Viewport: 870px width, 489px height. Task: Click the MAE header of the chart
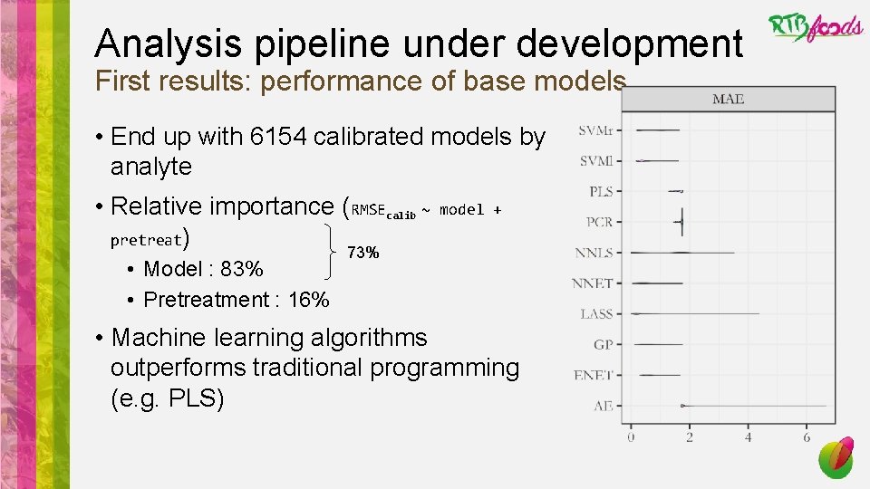pos(728,99)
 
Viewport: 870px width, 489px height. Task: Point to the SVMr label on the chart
pos(595,130)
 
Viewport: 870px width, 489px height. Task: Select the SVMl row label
pos(595,161)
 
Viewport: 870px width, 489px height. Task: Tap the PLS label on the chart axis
pos(600,191)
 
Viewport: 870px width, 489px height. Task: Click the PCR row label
pos(598,222)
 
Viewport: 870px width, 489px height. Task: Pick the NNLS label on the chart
pos(594,253)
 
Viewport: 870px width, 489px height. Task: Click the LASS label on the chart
pos(596,314)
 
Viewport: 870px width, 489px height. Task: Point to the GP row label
pos(603,345)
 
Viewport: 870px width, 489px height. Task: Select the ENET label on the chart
pos(594,375)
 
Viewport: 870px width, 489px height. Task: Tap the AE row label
pos(603,406)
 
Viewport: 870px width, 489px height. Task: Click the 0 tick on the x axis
pos(631,437)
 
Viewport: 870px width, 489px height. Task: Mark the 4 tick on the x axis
pos(748,437)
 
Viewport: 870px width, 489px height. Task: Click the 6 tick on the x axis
pos(807,437)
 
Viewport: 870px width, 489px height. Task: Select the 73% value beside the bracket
pos(364,254)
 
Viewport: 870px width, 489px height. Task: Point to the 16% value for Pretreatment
pos(308,300)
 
